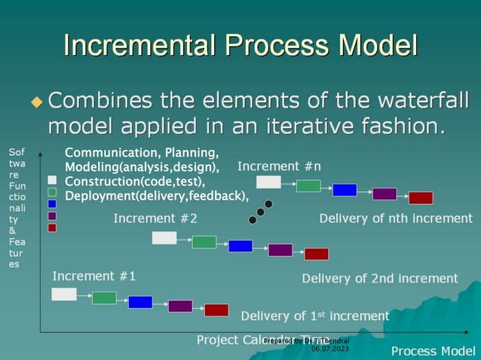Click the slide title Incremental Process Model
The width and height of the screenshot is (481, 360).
(x=240, y=44)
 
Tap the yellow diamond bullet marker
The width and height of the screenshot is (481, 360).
(x=37, y=101)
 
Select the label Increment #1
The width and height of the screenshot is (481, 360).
(x=94, y=276)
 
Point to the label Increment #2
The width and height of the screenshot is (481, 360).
(x=155, y=218)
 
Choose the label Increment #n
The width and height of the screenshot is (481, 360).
(x=279, y=166)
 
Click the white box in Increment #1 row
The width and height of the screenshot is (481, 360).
(x=64, y=294)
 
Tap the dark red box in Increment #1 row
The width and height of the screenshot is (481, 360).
(x=216, y=310)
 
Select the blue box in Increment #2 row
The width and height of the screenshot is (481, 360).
(x=240, y=246)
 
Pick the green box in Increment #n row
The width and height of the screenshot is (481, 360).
(x=308, y=186)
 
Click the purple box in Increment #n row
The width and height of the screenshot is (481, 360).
(x=384, y=194)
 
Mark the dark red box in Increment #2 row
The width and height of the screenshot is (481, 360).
(x=317, y=254)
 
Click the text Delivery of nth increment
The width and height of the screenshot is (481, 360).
(x=396, y=218)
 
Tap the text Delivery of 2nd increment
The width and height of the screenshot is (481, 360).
(x=380, y=278)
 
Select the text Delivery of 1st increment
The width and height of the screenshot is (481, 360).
(x=315, y=316)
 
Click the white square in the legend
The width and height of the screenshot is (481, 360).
(x=52, y=180)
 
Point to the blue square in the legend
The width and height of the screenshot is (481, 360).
(x=52, y=203)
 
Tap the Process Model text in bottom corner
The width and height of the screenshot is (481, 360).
(x=433, y=351)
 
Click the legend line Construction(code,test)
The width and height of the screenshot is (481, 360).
(x=135, y=182)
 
